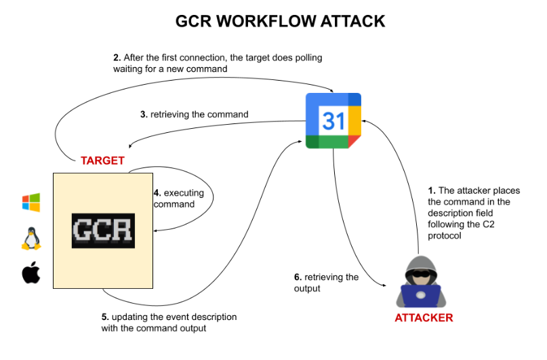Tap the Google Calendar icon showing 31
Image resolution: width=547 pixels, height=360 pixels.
click(x=333, y=121)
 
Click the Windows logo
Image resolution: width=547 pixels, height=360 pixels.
click(x=31, y=202)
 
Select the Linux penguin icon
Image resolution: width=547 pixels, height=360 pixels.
click(x=31, y=239)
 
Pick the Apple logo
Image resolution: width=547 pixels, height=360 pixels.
click(x=31, y=273)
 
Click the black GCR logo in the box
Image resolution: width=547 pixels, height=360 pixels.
click(x=102, y=230)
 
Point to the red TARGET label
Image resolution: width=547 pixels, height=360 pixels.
click(x=102, y=161)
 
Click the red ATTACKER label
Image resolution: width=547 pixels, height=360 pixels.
click(x=423, y=317)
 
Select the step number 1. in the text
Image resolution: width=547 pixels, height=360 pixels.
click(x=432, y=191)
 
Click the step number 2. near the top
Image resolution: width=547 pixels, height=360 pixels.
click(x=117, y=58)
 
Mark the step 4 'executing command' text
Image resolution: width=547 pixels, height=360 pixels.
click(x=175, y=198)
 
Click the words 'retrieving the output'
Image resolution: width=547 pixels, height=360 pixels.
click(x=317, y=283)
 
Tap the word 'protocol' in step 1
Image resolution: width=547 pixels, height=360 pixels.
click(x=445, y=235)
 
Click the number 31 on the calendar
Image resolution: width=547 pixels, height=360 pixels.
click(x=333, y=121)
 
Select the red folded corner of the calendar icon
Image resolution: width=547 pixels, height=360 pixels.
click(x=354, y=140)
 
